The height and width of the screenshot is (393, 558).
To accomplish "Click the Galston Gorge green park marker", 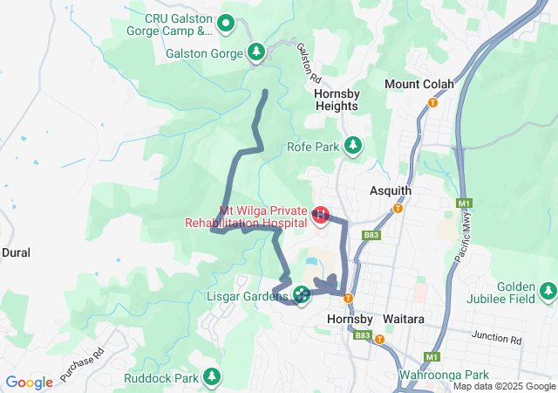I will point(255,52).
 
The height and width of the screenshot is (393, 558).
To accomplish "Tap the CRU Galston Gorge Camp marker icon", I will point(226,23).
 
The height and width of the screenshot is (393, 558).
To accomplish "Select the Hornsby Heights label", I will point(336,97).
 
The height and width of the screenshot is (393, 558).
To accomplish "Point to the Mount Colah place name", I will point(419,84).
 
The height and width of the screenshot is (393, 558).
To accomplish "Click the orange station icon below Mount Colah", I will point(432,102).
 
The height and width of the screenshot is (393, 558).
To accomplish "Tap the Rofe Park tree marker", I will point(352,145).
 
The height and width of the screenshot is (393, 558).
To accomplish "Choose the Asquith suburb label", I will point(390,190).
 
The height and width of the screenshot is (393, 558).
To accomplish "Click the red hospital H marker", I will point(321,214).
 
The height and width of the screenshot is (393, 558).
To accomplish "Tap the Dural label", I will point(16,252).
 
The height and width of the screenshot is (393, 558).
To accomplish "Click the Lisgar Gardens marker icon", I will point(302,294).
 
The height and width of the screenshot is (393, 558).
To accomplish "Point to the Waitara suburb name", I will point(402,320).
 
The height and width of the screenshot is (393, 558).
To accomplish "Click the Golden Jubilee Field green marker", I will point(547,291).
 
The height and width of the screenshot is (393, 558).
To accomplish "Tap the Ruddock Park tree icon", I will point(210,376).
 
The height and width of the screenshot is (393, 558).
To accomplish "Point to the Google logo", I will point(30,383).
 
